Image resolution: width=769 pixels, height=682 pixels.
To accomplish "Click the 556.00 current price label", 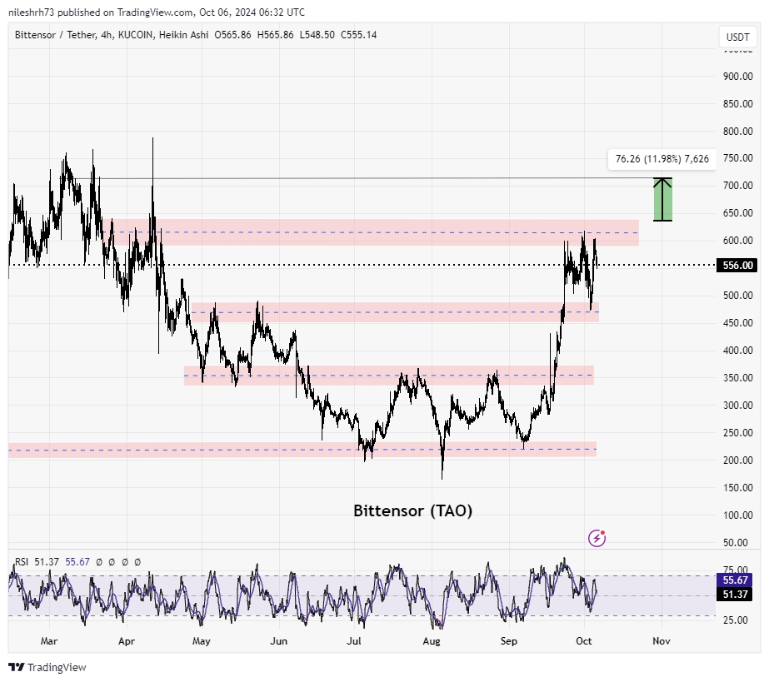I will [x=737, y=266].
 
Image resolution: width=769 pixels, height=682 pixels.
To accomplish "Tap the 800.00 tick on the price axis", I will [x=737, y=132].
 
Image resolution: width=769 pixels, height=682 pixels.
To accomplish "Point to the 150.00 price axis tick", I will [x=737, y=488].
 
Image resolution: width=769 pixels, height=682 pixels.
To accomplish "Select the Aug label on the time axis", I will [x=432, y=641].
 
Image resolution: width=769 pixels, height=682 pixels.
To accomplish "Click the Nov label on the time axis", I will [x=662, y=641].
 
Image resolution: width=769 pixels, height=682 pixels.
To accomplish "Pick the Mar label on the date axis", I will [x=48, y=641].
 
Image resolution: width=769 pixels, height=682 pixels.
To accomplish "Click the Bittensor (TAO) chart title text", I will [x=412, y=510].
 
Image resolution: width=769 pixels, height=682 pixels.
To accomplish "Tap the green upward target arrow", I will [x=662, y=200].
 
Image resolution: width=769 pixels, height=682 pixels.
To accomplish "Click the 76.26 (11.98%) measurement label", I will [x=662, y=158].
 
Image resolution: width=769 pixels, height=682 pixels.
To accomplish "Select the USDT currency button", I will [x=737, y=37].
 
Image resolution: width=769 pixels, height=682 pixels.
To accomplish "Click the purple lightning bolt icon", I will [x=597, y=538].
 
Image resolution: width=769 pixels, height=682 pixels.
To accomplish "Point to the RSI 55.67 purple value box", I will [x=737, y=580].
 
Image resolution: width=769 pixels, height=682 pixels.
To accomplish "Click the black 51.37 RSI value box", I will [x=737, y=594].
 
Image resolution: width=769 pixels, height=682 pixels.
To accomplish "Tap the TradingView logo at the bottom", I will [x=47, y=667].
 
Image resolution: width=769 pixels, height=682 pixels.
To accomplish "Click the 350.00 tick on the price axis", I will [x=737, y=378].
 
